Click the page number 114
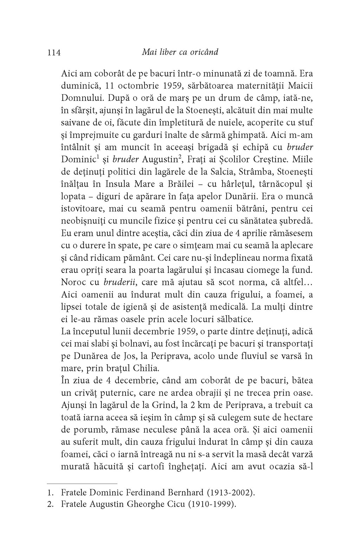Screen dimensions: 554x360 [x=54, y=53]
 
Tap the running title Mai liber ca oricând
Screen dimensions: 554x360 [x=180, y=52]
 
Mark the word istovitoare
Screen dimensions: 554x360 [x=82, y=209]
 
